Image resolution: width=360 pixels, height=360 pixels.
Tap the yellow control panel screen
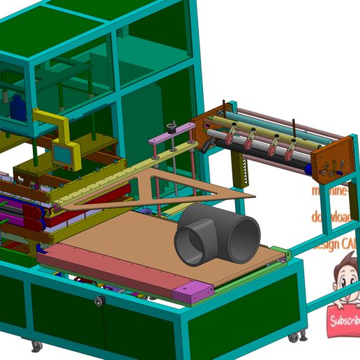point(63,154)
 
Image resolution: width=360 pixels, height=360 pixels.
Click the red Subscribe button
point(343,320)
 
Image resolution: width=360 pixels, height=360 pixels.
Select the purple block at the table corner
point(193,292)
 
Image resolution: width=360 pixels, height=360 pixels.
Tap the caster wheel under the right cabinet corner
point(294,337)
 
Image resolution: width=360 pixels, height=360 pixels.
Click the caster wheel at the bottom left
point(36,345)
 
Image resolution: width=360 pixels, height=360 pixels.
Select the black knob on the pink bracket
point(171,129)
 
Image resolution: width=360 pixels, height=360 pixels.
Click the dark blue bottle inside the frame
point(16,107)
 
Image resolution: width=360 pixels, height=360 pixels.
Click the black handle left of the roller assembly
point(205,144)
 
